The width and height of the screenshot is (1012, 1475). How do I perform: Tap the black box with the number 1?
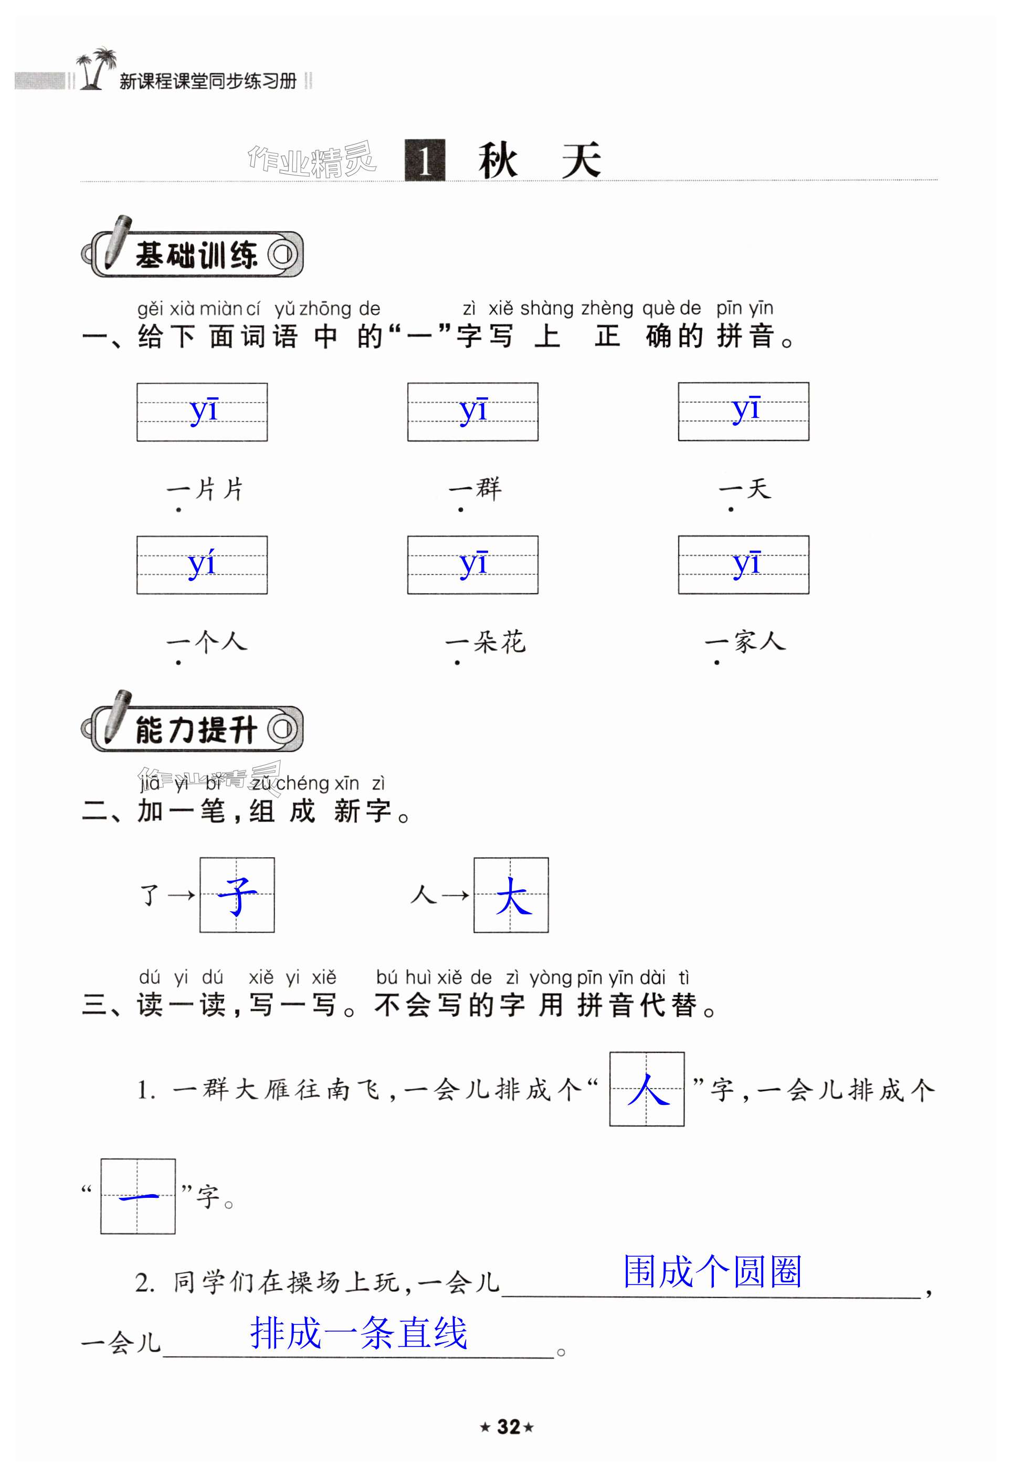tap(425, 160)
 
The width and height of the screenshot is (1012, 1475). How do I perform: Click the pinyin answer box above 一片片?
tap(202, 412)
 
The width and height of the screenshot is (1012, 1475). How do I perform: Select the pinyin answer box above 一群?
tap(473, 412)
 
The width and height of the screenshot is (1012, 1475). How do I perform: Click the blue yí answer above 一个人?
tap(202, 564)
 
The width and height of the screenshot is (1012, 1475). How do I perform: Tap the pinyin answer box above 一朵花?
tap(473, 564)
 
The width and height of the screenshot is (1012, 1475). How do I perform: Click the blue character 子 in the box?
tap(237, 895)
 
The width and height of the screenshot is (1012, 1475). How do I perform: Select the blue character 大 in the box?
tap(511, 895)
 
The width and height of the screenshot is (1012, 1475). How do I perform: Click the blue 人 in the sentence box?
tap(647, 1090)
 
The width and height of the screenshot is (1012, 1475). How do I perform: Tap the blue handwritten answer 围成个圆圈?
tap(712, 1272)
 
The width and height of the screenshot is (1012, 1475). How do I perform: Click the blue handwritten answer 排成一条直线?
tap(359, 1333)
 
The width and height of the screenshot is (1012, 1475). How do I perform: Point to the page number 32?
tap(508, 1427)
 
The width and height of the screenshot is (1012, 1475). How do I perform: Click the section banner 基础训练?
tap(194, 255)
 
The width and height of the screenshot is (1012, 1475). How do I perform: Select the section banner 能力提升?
tap(194, 729)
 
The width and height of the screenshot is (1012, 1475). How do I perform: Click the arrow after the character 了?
tap(182, 895)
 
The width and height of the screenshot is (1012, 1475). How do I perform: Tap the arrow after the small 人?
tap(455, 895)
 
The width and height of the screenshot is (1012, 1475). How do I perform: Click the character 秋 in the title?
tap(498, 161)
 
